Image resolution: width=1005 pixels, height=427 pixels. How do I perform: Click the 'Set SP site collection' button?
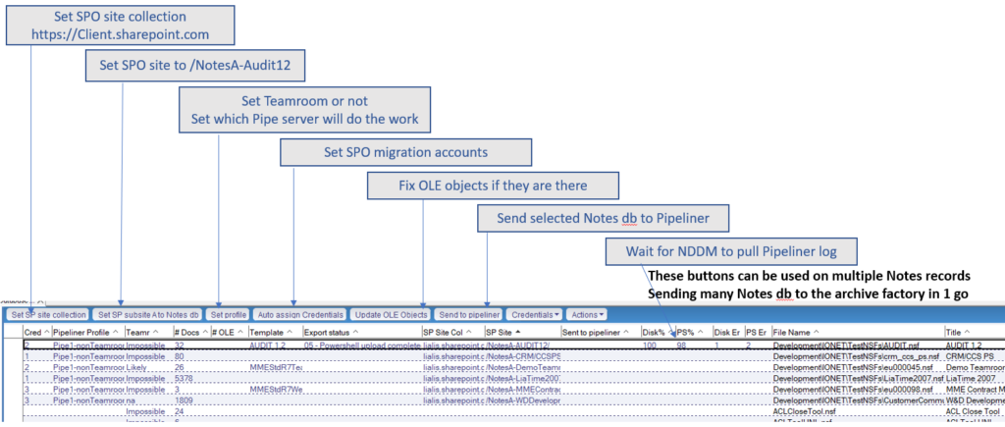point(48,314)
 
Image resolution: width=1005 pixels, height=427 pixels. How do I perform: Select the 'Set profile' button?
point(228,314)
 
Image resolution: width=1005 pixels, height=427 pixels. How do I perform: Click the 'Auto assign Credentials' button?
point(300,314)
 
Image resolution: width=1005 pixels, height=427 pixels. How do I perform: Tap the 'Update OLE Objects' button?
point(391,314)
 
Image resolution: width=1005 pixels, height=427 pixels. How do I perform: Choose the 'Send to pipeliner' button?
point(469,314)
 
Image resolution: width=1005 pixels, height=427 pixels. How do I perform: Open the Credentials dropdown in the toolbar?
point(535,314)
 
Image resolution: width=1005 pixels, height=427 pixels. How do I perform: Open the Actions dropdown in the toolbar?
point(586,314)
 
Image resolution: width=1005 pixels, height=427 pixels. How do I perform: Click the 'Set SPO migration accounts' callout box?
point(405,153)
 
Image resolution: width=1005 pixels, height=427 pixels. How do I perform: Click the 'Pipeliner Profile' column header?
point(84,333)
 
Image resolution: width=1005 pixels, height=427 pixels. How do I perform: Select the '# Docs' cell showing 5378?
point(185,377)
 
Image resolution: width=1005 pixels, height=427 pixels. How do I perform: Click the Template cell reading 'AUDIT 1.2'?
point(268,346)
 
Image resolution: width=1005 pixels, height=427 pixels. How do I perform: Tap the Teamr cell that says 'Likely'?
point(138,366)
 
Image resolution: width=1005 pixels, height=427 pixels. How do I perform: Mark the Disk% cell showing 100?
point(649,346)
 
